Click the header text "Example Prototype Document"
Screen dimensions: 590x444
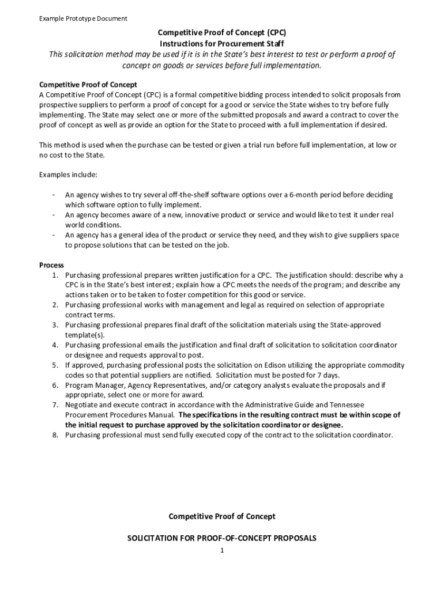(83, 18)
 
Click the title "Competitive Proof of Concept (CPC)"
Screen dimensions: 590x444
(222, 33)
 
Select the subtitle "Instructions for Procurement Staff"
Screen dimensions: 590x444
(222, 43)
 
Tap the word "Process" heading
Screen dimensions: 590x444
(51, 265)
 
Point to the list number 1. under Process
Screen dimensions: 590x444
(56, 275)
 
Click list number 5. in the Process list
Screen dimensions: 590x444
(56, 365)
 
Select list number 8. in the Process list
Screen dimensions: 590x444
(56, 435)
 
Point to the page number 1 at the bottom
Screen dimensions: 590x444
(221, 551)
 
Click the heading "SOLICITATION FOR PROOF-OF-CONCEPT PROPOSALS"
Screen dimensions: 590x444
(221, 538)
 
